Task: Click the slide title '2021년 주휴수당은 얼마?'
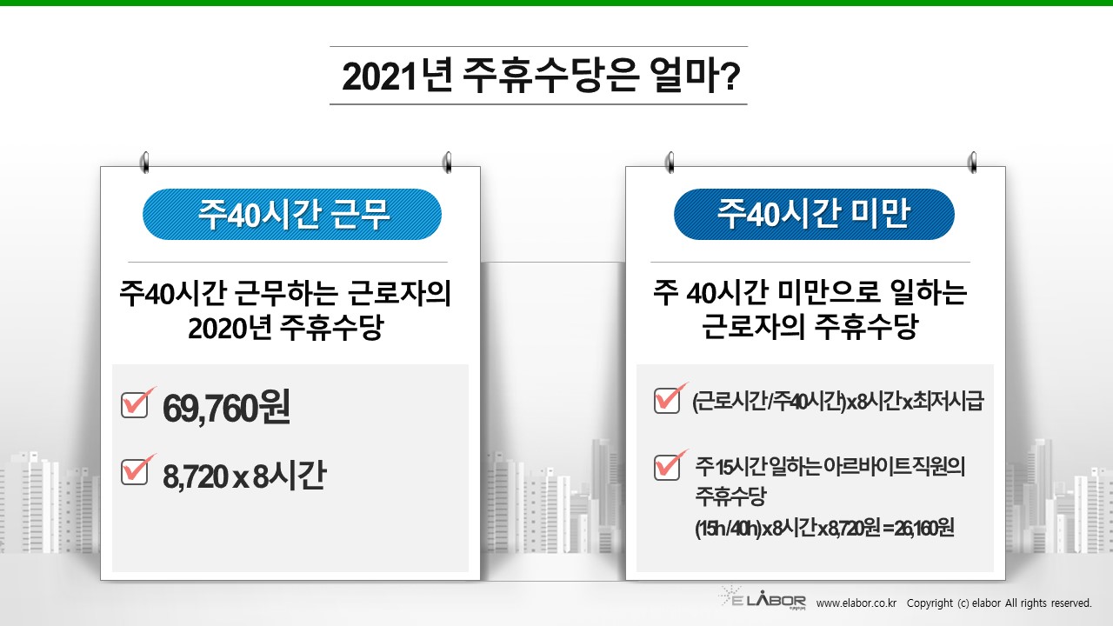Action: (x=541, y=76)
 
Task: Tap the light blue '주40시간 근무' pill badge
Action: (x=292, y=214)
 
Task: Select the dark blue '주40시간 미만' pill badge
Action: (x=814, y=214)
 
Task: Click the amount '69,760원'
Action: (x=226, y=408)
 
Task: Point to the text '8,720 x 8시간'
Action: (x=244, y=475)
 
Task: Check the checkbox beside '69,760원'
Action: (x=135, y=404)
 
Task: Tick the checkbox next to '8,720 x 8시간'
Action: (x=135, y=471)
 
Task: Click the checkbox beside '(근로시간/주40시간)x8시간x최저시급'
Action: (x=667, y=400)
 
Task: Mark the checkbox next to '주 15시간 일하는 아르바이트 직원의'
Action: (x=667, y=467)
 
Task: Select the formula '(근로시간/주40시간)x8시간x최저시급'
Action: (x=837, y=402)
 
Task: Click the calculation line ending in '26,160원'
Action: (x=824, y=528)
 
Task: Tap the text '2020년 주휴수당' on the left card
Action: (x=286, y=328)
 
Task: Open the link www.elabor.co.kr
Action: (x=856, y=603)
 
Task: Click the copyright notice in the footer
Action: (x=999, y=603)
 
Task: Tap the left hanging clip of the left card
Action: (x=145, y=163)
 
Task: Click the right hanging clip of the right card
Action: (x=973, y=163)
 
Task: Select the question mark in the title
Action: (x=730, y=77)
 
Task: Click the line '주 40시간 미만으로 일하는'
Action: (x=810, y=292)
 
